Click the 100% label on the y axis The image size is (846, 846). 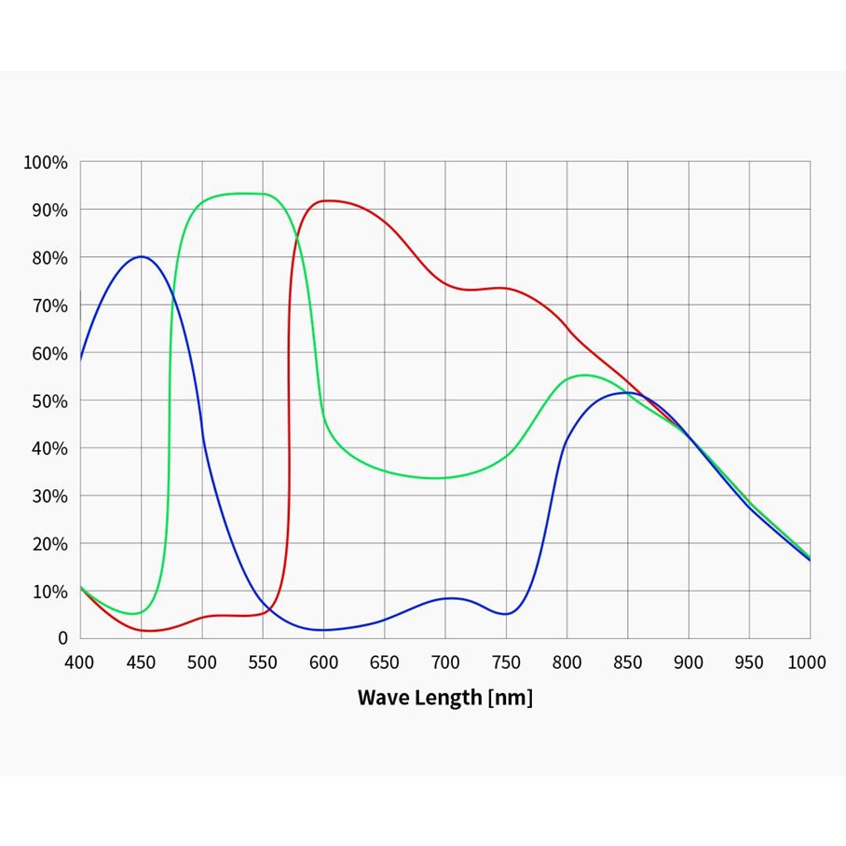point(46,163)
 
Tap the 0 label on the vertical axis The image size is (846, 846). point(62,639)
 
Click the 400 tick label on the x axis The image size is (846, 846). point(80,662)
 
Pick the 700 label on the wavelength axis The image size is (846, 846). point(445,662)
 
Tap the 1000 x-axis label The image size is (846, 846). point(807,662)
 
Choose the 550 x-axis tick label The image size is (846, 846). point(263,662)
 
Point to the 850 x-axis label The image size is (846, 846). point(628,662)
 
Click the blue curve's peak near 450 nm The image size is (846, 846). point(142,256)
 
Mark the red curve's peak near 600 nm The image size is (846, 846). point(328,200)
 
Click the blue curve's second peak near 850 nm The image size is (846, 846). point(628,392)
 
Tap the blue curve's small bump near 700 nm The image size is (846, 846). point(451,598)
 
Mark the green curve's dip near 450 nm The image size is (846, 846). point(136,613)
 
